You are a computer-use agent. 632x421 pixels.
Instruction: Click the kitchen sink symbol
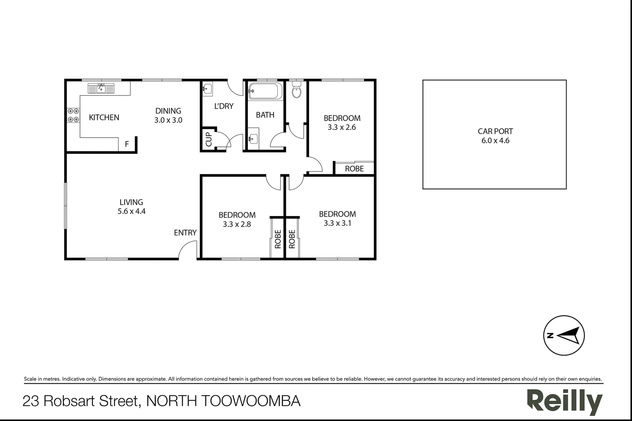[x=101, y=88]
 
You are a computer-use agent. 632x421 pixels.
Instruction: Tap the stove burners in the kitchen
[x=73, y=115]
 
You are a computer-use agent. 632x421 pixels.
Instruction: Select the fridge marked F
[x=127, y=144]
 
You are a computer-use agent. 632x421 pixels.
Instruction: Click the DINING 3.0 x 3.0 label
[x=168, y=115]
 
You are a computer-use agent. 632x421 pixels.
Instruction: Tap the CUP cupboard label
[x=208, y=139]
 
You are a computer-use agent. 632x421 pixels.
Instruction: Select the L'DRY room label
[x=224, y=106]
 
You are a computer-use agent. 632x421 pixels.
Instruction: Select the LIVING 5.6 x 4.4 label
[x=131, y=207]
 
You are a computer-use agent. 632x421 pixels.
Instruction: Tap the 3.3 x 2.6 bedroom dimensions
[x=342, y=127]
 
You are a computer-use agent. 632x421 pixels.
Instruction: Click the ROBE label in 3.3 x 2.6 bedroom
[x=354, y=169]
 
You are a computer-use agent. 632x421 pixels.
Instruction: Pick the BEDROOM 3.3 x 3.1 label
[x=337, y=218]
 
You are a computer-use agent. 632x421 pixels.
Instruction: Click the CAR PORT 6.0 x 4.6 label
[x=495, y=136]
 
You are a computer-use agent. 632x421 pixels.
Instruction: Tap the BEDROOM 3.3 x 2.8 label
[x=237, y=219]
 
